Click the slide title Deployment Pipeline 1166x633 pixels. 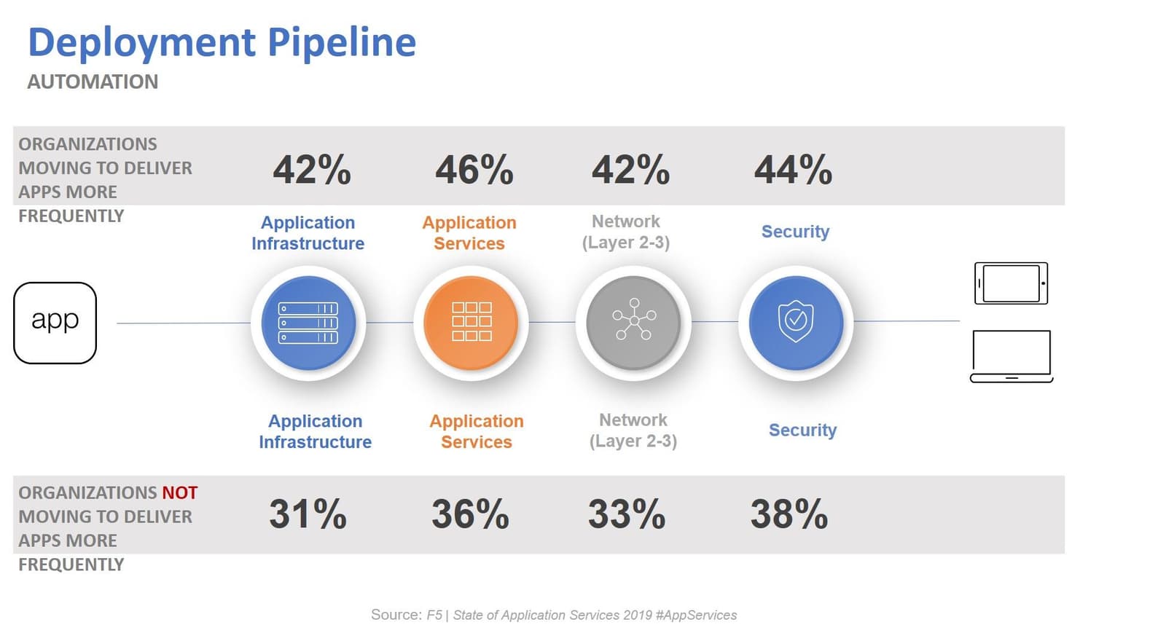pos(222,42)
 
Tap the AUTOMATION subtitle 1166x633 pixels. pos(93,82)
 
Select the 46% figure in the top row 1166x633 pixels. pos(474,170)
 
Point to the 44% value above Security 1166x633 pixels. pos(793,170)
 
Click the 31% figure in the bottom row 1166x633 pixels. pos(308,514)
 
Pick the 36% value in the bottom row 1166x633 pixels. pos(470,514)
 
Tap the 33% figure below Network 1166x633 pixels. pos(627,514)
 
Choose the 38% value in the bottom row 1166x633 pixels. pos(789,514)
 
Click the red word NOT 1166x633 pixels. pos(179,493)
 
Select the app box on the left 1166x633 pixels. pos(55,323)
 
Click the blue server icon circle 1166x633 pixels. pos(308,323)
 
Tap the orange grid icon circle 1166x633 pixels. pos(472,323)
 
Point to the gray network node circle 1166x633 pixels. pos(633,323)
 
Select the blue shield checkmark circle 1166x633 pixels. pos(796,323)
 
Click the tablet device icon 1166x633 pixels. pos(1011,283)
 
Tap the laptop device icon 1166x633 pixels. pos(1012,356)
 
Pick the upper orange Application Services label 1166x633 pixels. pos(469,233)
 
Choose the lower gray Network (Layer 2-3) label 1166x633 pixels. pos(633,430)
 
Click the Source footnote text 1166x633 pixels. pos(554,615)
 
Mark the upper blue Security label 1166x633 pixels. pos(795,232)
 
